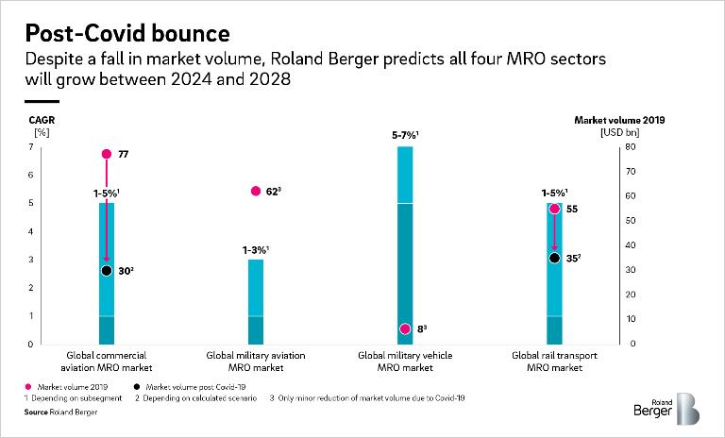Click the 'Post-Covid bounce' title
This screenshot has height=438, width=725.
coord(127,34)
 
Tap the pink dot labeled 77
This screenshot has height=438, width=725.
coord(107,154)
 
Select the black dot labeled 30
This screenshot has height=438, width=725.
coord(107,271)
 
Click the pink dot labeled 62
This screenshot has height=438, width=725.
coord(256,191)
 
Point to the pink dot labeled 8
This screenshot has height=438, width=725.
coord(405,329)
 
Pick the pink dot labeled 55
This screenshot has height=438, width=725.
coord(554,209)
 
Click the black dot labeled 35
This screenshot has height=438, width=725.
coord(554,258)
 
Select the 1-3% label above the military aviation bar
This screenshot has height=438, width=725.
coord(256,249)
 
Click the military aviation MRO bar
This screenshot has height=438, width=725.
coord(256,302)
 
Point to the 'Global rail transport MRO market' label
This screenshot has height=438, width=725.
coord(554,362)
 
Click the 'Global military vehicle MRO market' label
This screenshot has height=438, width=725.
coord(405,362)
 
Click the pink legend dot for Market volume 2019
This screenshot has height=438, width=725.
coord(29,387)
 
